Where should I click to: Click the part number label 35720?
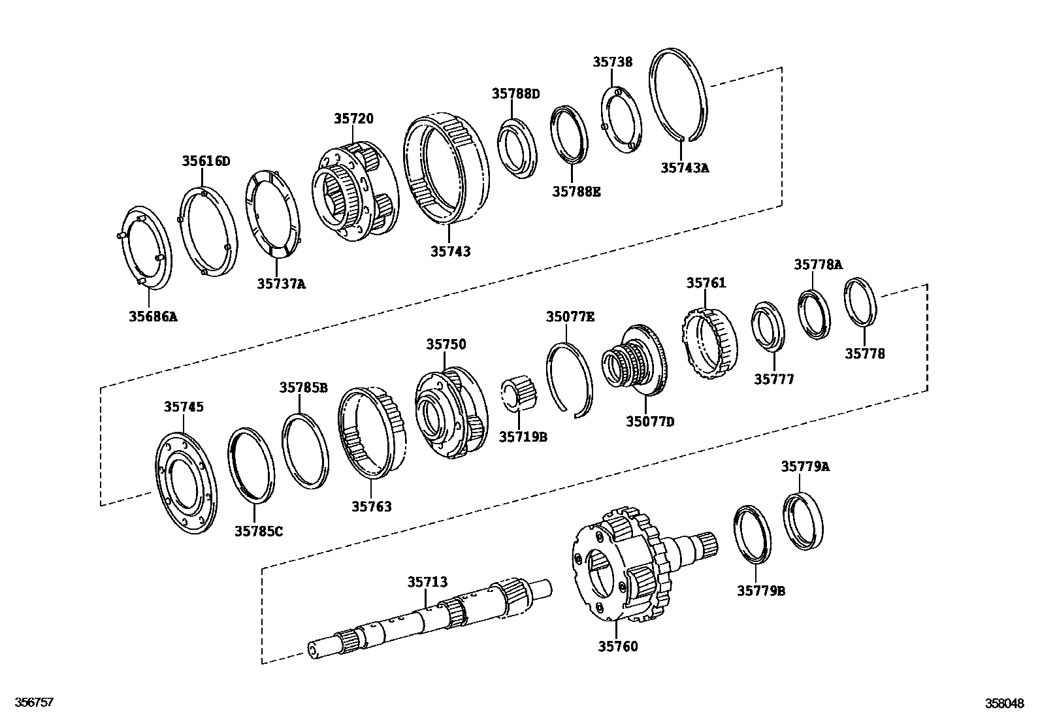(353, 119)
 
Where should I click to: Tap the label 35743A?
(684, 168)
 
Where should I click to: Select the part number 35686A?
(153, 318)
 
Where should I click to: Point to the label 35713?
(427, 582)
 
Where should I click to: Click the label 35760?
(617, 647)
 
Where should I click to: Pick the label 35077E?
(570, 318)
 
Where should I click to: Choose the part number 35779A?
(805, 466)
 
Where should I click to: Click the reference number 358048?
(1005, 704)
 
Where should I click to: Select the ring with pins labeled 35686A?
(148, 248)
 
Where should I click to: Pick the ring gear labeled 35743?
(446, 169)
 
